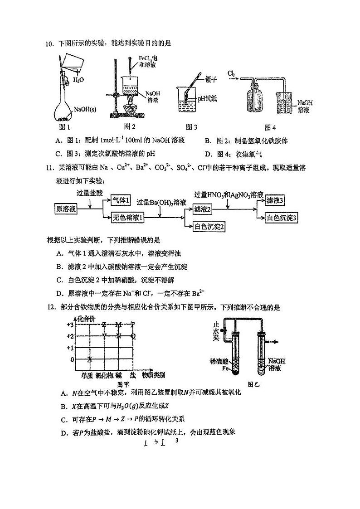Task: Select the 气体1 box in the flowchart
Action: pyautogui.click(x=121, y=200)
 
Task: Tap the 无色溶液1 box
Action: pyautogui.click(x=128, y=218)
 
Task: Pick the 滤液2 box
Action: pyautogui.click(x=203, y=209)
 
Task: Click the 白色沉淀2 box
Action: pyautogui.click(x=210, y=226)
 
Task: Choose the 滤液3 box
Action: pyautogui.click(x=275, y=200)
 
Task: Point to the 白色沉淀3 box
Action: pyautogui.click(x=282, y=218)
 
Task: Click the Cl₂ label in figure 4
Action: pyautogui.click(x=231, y=73)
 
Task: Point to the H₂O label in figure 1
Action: pyautogui.click(x=79, y=79)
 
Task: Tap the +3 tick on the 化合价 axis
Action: pyautogui.click(x=69, y=325)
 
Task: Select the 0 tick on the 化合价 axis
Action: pyautogui.click(x=72, y=359)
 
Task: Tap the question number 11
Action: pyautogui.click(x=50, y=169)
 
